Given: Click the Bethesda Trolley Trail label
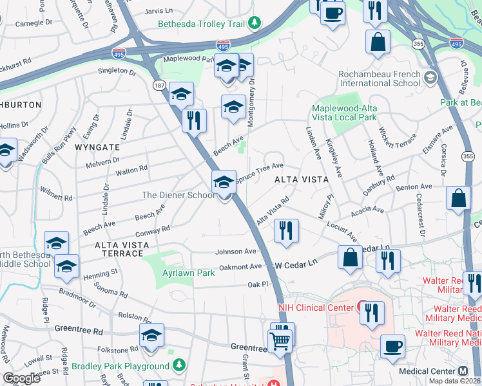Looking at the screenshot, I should tap(202, 24).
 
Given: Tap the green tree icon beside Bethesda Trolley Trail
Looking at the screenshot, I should tap(256, 24).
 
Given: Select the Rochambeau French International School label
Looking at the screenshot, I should tap(379, 78).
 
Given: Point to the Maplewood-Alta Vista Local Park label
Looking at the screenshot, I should tap(345, 113).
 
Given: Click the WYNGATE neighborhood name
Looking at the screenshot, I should tap(97, 147).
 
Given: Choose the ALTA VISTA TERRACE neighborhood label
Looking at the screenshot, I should tap(122, 249).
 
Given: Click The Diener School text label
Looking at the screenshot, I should tap(178, 195).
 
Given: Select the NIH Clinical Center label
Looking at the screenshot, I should tap(316, 307).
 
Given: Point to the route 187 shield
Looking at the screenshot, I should tap(158, 86).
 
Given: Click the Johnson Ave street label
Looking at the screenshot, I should tap(236, 252).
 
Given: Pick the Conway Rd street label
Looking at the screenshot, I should tap(153, 230).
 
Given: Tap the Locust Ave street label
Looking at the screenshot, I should tap(342, 230).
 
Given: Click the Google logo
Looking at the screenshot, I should tap(22, 378).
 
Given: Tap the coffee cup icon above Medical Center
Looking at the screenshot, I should tap(392, 347).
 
